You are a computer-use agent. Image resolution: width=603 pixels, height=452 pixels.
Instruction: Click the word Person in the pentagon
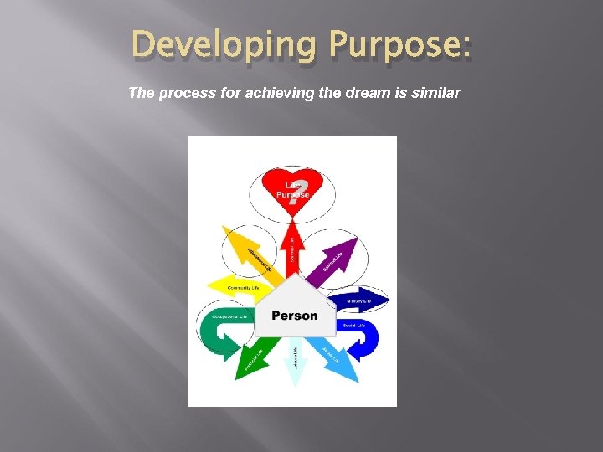click(295, 316)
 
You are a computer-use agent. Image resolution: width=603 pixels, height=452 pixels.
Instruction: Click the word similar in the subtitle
click(436, 93)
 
